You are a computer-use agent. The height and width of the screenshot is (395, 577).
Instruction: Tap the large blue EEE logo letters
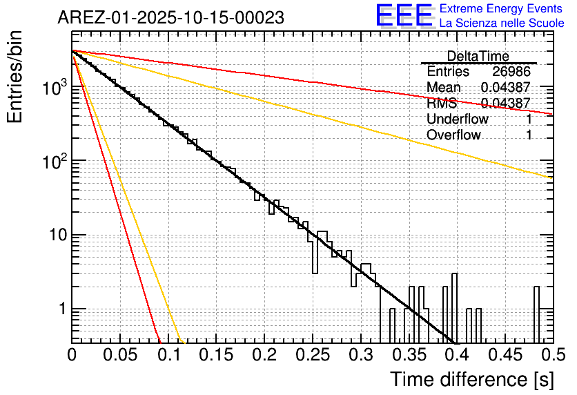pos(404,17)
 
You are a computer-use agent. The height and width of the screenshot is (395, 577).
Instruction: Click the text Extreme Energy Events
pos(502,9)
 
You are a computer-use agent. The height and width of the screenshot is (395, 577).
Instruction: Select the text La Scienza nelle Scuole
pos(502,23)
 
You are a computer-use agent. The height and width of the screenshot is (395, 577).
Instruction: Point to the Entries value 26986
pos(512,72)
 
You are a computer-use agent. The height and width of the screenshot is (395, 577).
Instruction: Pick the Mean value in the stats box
pos(505,88)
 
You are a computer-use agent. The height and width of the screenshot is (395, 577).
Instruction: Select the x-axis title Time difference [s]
pos(471,379)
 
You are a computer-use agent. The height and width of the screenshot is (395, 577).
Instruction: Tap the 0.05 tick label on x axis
pos(120,357)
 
